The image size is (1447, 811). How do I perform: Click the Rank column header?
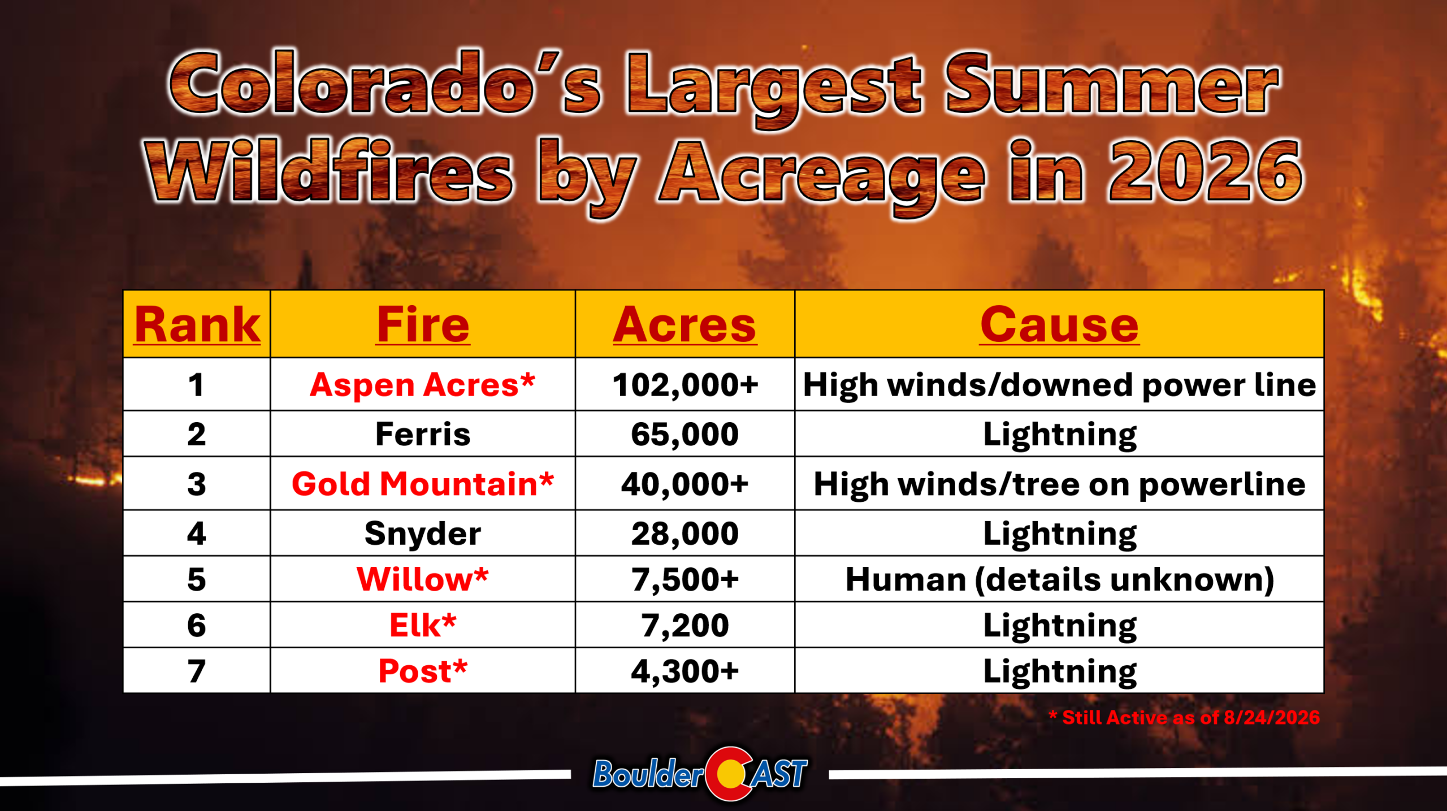click(x=197, y=325)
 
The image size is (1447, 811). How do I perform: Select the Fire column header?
click(x=423, y=325)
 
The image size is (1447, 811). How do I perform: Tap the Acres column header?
click(x=684, y=325)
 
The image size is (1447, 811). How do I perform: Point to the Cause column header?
click(x=1059, y=325)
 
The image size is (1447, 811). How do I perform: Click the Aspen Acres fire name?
click(x=422, y=385)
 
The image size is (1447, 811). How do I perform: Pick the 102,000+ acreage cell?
click(x=685, y=385)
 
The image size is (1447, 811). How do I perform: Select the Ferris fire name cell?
click(x=423, y=434)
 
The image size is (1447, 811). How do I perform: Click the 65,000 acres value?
click(x=685, y=435)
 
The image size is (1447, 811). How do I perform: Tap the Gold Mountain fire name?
click(x=422, y=484)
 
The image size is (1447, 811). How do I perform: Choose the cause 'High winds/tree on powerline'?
click(x=1059, y=484)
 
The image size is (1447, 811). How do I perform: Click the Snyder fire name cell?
click(x=423, y=534)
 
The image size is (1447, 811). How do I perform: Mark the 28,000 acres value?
click(x=685, y=534)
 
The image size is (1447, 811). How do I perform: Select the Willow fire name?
click(x=422, y=579)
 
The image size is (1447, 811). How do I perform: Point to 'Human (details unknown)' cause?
click(x=1060, y=580)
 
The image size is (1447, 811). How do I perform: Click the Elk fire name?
click(x=423, y=626)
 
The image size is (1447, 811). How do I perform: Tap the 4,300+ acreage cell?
click(x=685, y=671)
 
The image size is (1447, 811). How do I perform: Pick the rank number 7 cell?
click(x=197, y=671)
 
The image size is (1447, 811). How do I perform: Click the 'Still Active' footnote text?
click(x=1184, y=718)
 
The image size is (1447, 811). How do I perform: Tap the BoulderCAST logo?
click(x=700, y=774)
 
